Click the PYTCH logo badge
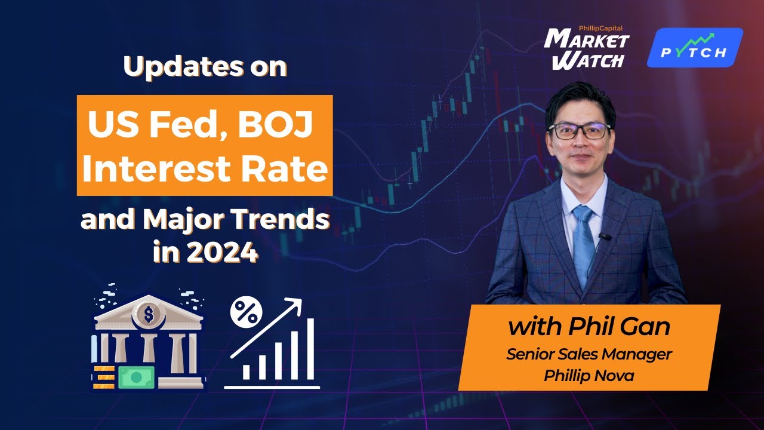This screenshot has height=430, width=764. click(x=695, y=48)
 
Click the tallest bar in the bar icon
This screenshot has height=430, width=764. click(x=310, y=349)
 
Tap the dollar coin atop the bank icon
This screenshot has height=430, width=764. click(x=148, y=312)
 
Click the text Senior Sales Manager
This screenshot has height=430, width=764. click(x=589, y=354)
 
